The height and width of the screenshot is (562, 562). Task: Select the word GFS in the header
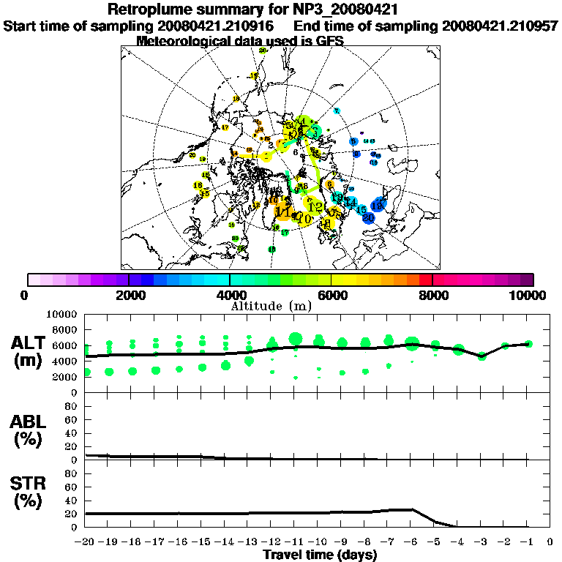coord(328,40)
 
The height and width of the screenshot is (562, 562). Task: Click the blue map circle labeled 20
coord(369,217)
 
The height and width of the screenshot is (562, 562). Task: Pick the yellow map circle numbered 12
coord(315,206)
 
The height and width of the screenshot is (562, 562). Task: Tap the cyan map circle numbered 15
coord(361,209)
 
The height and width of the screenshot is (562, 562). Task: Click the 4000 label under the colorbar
coord(230,295)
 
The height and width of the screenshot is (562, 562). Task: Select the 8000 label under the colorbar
coord(432,295)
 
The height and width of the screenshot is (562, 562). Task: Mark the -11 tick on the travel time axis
coord(295,542)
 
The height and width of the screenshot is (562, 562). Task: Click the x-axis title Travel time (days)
coord(320,555)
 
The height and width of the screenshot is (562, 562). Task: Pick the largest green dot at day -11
coord(296,338)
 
